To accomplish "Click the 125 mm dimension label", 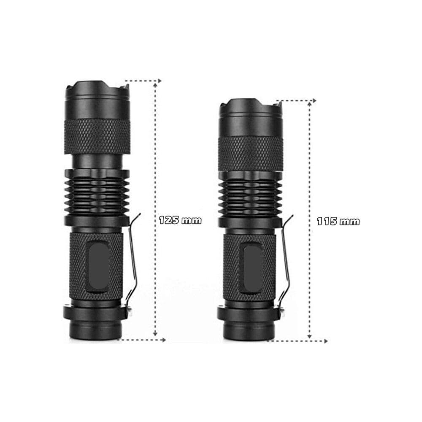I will click(x=180, y=220).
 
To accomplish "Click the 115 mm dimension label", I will click(x=338, y=221).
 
